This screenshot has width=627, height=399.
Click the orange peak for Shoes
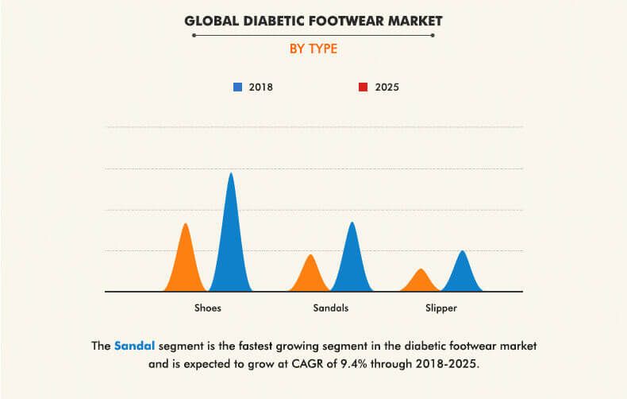coord(186,262)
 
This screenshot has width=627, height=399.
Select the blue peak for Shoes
coord(231,238)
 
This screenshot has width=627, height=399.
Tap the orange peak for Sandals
coord(310,275)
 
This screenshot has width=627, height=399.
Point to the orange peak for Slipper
coord(421,281)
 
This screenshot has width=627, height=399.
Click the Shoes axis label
coord(208,308)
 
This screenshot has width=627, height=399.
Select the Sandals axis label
coord(331,308)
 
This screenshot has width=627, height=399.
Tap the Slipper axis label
coord(440,308)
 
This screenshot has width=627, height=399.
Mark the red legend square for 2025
coord(363,87)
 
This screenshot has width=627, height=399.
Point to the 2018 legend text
coord(260,87)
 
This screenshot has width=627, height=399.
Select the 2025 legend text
coord(386,87)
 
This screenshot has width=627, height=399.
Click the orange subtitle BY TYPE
coord(313,49)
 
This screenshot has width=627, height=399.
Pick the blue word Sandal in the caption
coord(134,346)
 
